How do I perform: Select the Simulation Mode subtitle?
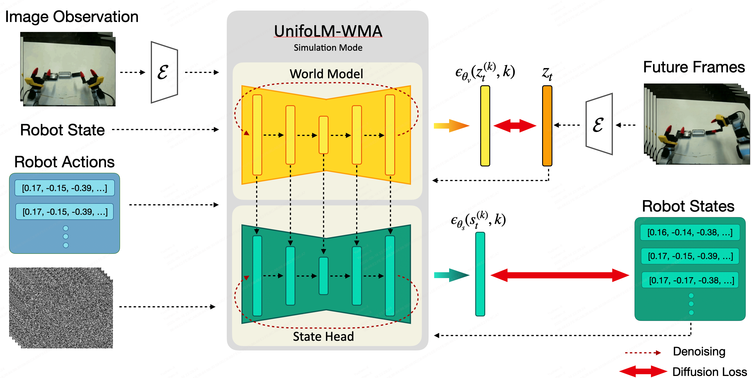(328, 47)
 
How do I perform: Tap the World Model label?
(326, 74)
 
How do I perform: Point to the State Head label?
(323, 336)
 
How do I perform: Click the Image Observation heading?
(72, 17)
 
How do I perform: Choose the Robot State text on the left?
(62, 130)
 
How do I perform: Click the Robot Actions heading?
(64, 162)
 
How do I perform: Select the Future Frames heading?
(694, 67)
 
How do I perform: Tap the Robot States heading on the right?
(688, 206)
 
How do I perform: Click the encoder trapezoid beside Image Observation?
(164, 72)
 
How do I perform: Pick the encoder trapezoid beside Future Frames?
(599, 124)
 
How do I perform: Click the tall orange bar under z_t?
(547, 126)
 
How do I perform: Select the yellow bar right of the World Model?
(485, 126)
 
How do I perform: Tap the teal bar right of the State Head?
(480, 274)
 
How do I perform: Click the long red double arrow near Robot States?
(560, 275)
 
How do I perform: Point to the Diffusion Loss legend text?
(709, 372)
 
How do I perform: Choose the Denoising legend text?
(699, 351)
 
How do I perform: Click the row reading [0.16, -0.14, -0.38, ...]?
(690, 233)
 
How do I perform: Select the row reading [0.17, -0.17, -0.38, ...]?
(691, 280)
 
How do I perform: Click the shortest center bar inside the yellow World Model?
(323, 135)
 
